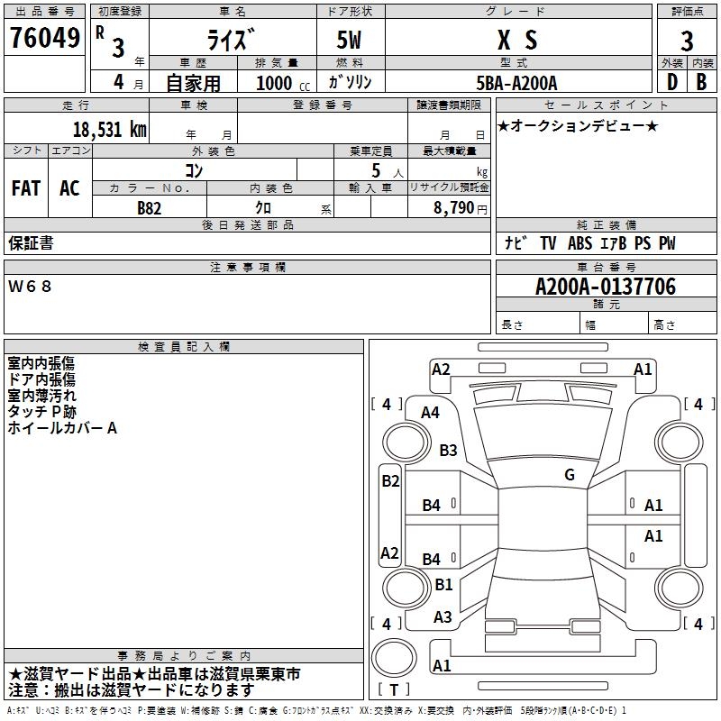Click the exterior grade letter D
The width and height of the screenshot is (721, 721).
[x=671, y=81]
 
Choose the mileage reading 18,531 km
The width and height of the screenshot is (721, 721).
[x=109, y=130]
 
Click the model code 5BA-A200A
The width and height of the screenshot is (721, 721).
[x=516, y=83]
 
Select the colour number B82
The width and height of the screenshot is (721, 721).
[x=150, y=207]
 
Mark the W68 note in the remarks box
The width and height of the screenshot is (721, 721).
[x=31, y=287]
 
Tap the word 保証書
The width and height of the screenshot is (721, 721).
[x=31, y=243]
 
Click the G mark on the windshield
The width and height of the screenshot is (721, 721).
[x=569, y=475]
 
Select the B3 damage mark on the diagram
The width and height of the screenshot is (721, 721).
[x=448, y=450]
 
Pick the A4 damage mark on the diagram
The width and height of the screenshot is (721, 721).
[x=430, y=412]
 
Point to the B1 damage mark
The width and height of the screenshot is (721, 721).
[x=443, y=584]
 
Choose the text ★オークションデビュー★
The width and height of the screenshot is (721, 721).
[x=578, y=125]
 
